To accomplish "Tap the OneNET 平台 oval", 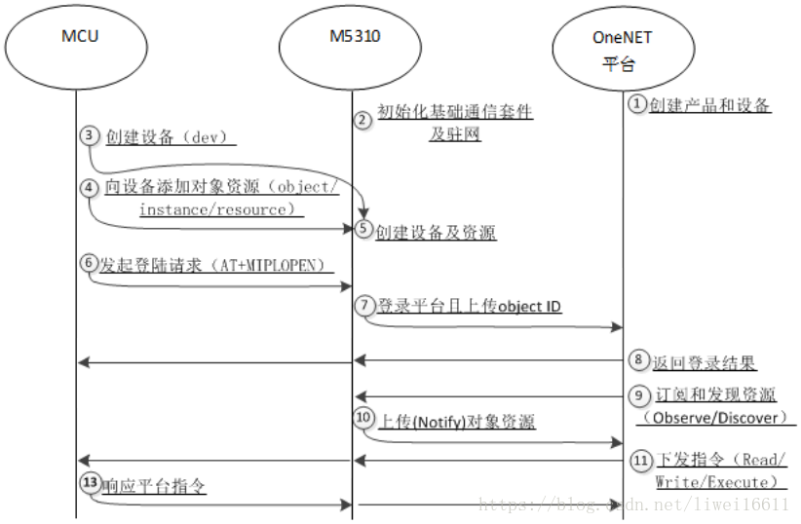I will point(621,51).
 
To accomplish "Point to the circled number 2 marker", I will point(362,120).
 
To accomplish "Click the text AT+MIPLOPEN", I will point(283,264).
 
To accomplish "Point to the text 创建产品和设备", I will point(710,105).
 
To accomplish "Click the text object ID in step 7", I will point(529,307).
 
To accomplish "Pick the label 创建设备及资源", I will point(436,233).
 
